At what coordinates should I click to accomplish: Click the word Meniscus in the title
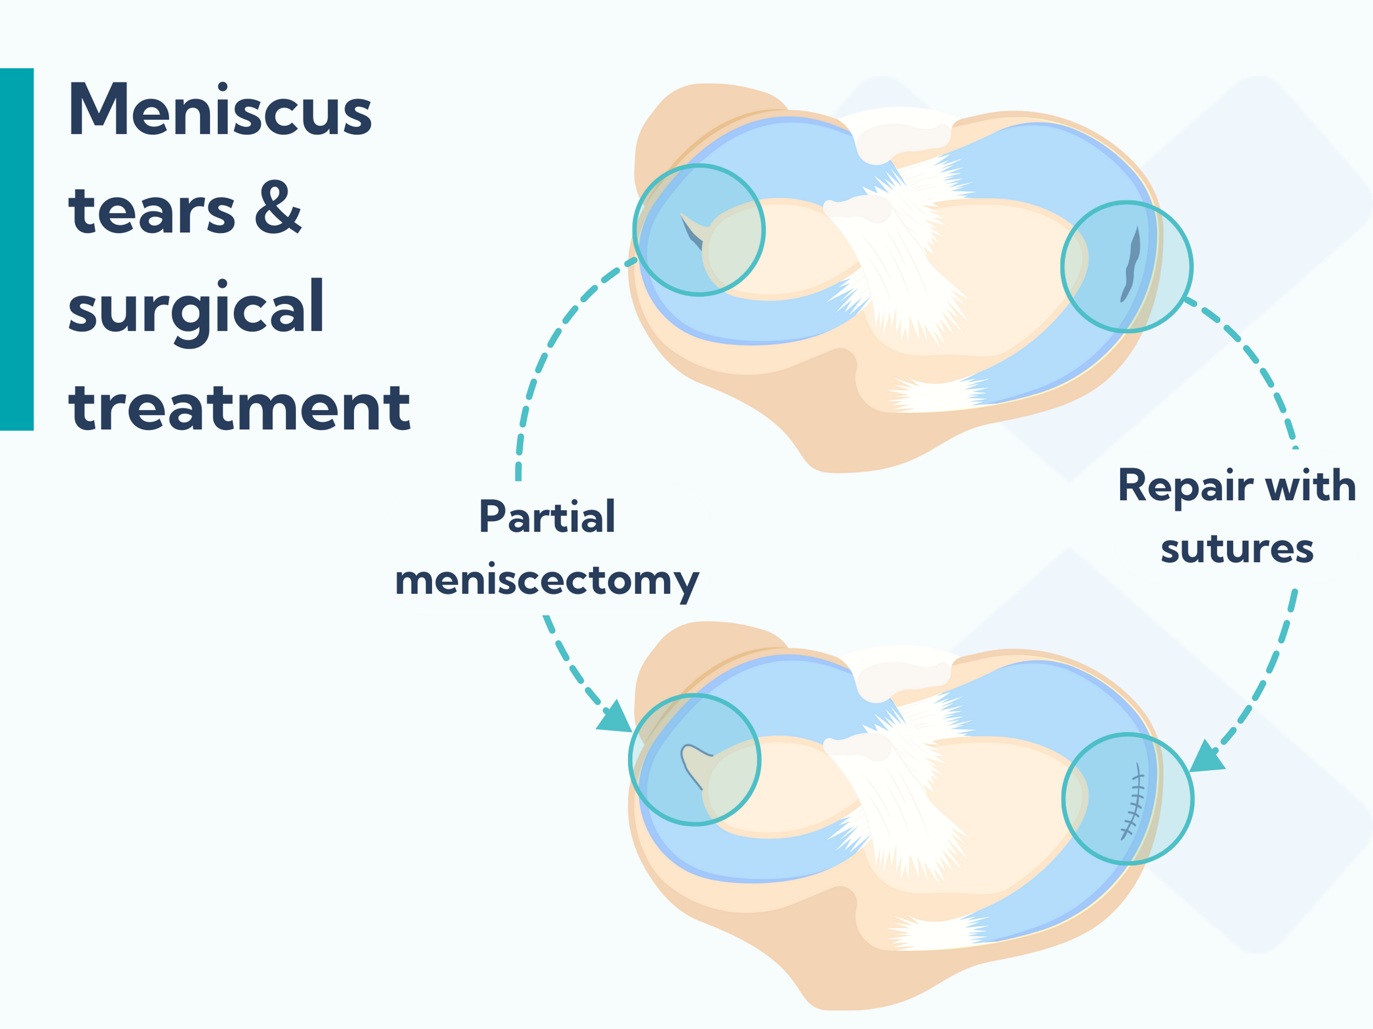pos(220,110)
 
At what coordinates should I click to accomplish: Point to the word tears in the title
pos(152,211)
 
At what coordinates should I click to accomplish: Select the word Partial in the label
pos(547,517)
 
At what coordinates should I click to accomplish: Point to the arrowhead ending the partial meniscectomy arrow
pos(615,718)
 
